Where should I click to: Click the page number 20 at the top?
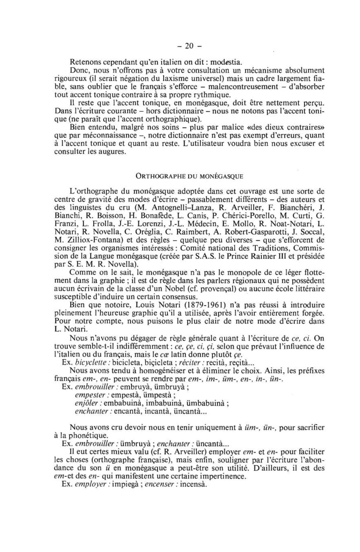click(x=189, y=46)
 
